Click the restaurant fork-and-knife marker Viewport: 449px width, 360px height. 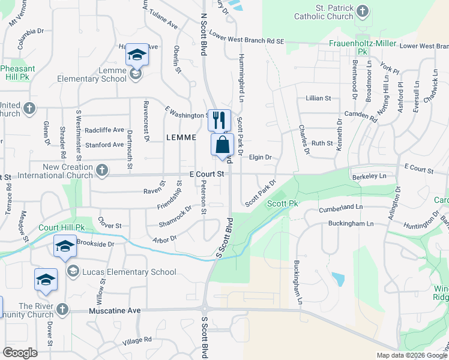point(219,119)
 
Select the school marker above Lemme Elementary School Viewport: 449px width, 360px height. point(137,55)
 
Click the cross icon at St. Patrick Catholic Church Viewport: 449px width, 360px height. point(363,11)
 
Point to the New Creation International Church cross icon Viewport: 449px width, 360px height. point(102,170)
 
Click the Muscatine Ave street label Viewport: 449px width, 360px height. point(114,311)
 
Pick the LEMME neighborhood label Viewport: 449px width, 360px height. point(181,137)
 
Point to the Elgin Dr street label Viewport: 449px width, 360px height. point(261,157)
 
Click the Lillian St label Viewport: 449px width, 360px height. point(319,98)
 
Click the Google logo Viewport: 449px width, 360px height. point(20,353)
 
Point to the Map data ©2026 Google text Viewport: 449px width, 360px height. point(411,355)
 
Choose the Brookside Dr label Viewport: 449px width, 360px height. point(95,244)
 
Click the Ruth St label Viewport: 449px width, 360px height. point(322,143)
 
